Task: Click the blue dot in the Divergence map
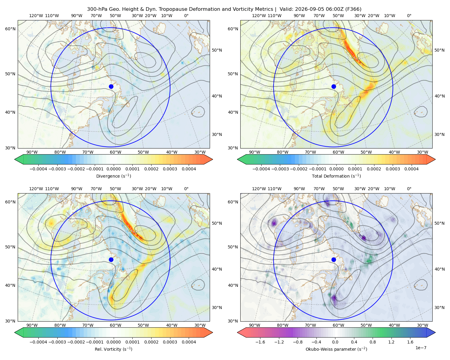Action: (x=111, y=86)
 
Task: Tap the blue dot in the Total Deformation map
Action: (x=334, y=86)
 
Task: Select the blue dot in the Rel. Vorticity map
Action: (x=111, y=259)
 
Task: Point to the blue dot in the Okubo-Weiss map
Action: (x=334, y=259)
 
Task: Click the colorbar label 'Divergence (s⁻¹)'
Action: (x=113, y=176)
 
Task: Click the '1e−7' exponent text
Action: (x=421, y=348)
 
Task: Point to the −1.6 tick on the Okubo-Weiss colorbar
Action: (x=260, y=342)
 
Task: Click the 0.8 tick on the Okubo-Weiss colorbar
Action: (x=373, y=342)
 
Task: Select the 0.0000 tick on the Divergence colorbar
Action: (x=113, y=169)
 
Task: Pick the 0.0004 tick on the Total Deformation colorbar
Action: (x=411, y=169)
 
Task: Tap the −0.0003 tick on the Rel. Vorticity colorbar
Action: (x=57, y=342)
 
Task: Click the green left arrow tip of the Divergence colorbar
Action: (x=15, y=159)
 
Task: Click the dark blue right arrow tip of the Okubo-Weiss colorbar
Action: (x=435, y=332)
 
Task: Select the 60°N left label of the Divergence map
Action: (x=10, y=29)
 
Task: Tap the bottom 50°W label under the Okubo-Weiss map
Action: (x=366, y=325)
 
